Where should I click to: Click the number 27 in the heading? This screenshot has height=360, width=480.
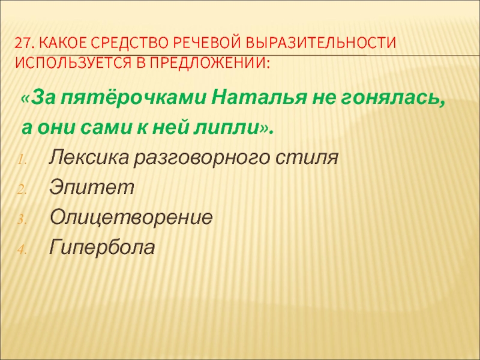tap(23, 43)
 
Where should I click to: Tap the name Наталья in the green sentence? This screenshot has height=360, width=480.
tap(259, 98)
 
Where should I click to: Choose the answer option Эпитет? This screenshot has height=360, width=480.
tap(92, 187)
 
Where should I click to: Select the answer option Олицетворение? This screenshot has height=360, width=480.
tap(131, 218)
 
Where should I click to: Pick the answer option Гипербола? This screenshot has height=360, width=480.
tap(102, 247)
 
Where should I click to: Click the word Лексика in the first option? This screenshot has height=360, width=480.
tap(88, 157)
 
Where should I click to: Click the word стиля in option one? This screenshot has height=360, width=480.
tap(307, 158)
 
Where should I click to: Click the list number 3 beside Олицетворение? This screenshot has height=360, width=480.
tap(21, 220)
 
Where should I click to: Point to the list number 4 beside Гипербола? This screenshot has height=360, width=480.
tap(21, 250)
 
